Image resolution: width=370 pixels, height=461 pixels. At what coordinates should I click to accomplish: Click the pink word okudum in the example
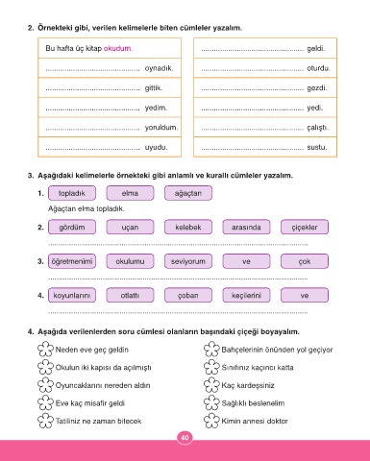tap(118, 48)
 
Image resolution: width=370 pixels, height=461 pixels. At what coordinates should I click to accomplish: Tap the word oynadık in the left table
tap(159, 68)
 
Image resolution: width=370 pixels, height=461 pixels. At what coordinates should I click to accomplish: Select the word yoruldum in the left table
tap(161, 128)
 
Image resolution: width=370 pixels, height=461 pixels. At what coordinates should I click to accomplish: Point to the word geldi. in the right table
tap(316, 49)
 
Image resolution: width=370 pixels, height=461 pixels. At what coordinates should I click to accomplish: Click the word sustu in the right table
tap(317, 147)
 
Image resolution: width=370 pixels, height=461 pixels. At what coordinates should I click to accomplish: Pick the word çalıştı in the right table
tap(317, 128)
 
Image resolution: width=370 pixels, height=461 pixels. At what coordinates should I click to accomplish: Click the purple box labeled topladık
tap(72, 193)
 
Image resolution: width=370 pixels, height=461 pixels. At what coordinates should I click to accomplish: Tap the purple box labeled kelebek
tap(188, 227)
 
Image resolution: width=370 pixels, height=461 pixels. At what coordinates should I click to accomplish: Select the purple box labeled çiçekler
tap(305, 227)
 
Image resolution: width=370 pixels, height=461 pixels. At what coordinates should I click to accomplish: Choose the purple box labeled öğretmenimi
tap(72, 261)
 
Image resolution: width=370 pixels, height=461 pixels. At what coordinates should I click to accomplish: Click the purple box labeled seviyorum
tap(188, 261)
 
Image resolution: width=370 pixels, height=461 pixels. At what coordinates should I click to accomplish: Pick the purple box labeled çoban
tap(188, 295)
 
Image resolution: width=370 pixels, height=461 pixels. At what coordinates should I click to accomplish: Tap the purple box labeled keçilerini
tap(246, 295)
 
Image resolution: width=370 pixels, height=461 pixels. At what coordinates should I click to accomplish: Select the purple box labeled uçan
tap(130, 227)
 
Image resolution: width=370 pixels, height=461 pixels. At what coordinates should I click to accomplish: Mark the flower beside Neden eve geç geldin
tap(45, 349)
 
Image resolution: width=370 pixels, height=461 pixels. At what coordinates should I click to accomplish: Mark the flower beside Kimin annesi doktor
tap(211, 421)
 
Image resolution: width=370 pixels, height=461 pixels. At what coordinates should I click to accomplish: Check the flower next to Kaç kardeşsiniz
tap(211, 385)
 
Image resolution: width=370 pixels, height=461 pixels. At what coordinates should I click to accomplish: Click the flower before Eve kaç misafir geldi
tap(45, 402)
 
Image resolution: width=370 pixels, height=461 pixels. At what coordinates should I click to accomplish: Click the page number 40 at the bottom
tap(185, 438)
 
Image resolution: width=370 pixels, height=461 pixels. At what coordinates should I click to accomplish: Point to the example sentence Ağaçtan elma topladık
tap(86, 208)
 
